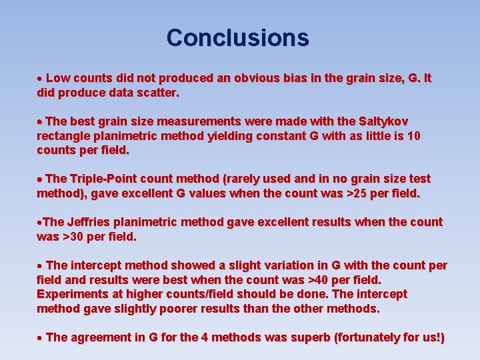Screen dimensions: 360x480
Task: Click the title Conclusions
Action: pos(238,37)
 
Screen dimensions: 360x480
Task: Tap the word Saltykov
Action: pos(383,121)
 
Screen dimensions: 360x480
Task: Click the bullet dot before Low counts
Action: pos(40,79)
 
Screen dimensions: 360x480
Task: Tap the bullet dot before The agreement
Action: pos(40,338)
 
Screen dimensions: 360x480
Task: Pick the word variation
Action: pos(255,265)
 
